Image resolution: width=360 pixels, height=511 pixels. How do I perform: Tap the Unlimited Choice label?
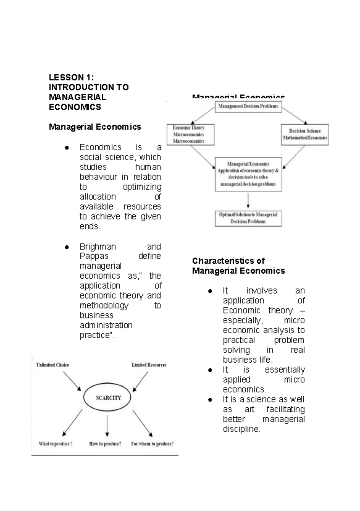(52, 365)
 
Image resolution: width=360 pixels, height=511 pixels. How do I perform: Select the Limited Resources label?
(149, 365)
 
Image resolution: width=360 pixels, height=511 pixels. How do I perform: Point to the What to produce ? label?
(55, 444)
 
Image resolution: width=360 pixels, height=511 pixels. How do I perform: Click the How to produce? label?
(105, 444)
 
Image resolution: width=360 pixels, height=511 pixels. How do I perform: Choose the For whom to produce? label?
(152, 444)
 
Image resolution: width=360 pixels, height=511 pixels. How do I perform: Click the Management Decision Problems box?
(248, 106)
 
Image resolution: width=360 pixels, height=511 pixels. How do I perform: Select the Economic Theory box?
(190, 135)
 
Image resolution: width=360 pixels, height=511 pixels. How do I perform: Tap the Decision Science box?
(304, 135)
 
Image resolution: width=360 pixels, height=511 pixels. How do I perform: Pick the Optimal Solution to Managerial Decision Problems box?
(248, 218)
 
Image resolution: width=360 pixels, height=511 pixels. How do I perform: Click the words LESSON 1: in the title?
(71, 77)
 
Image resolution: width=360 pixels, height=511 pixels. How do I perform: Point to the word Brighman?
(97, 247)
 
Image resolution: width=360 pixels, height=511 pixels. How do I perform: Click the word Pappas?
(94, 256)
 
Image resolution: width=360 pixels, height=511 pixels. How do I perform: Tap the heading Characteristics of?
(228, 261)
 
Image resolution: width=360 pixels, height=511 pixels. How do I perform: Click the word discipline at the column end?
(241, 429)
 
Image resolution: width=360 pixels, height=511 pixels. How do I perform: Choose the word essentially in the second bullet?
(285, 370)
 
